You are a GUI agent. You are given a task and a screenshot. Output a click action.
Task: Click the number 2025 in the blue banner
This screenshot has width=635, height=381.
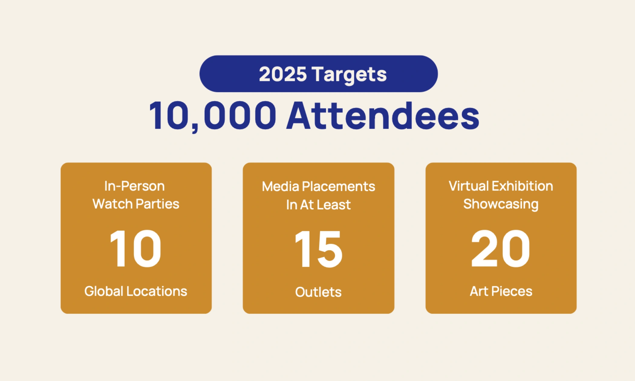click(x=283, y=74)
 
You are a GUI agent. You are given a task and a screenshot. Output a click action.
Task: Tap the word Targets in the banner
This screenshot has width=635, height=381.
click(x=349, y=75)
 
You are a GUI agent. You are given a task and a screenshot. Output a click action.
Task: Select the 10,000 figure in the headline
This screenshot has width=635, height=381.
click(x=213, y=116)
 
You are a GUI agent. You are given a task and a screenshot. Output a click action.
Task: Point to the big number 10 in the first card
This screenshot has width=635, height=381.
click(x=135, y=249)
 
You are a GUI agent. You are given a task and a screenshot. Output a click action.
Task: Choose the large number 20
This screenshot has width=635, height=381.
click(x=501, y=248)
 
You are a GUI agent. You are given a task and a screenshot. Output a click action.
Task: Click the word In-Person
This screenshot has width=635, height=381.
click(x=135, y=186)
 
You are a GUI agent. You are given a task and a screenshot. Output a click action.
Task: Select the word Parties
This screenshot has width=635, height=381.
click(x=158, y=204)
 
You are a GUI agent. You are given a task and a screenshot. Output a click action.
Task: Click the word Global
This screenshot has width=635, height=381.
click(x=104, y=291)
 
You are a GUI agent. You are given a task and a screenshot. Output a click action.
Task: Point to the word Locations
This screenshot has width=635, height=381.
click(x=157, y=291)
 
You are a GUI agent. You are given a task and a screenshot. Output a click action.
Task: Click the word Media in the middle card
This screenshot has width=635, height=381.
click(x=281, y=187)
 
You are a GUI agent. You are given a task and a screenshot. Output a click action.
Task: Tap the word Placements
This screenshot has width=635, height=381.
click(x=339, y=187)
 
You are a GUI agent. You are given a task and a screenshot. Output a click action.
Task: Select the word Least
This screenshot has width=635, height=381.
click(x=334, y=205)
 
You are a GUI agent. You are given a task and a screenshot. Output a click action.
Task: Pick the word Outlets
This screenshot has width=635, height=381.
click(x=318, y=292)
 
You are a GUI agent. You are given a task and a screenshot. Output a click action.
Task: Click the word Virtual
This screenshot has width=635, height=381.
click(x=468, y=186)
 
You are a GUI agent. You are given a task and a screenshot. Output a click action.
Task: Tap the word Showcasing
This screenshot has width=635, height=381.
click(x=501, y=204)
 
